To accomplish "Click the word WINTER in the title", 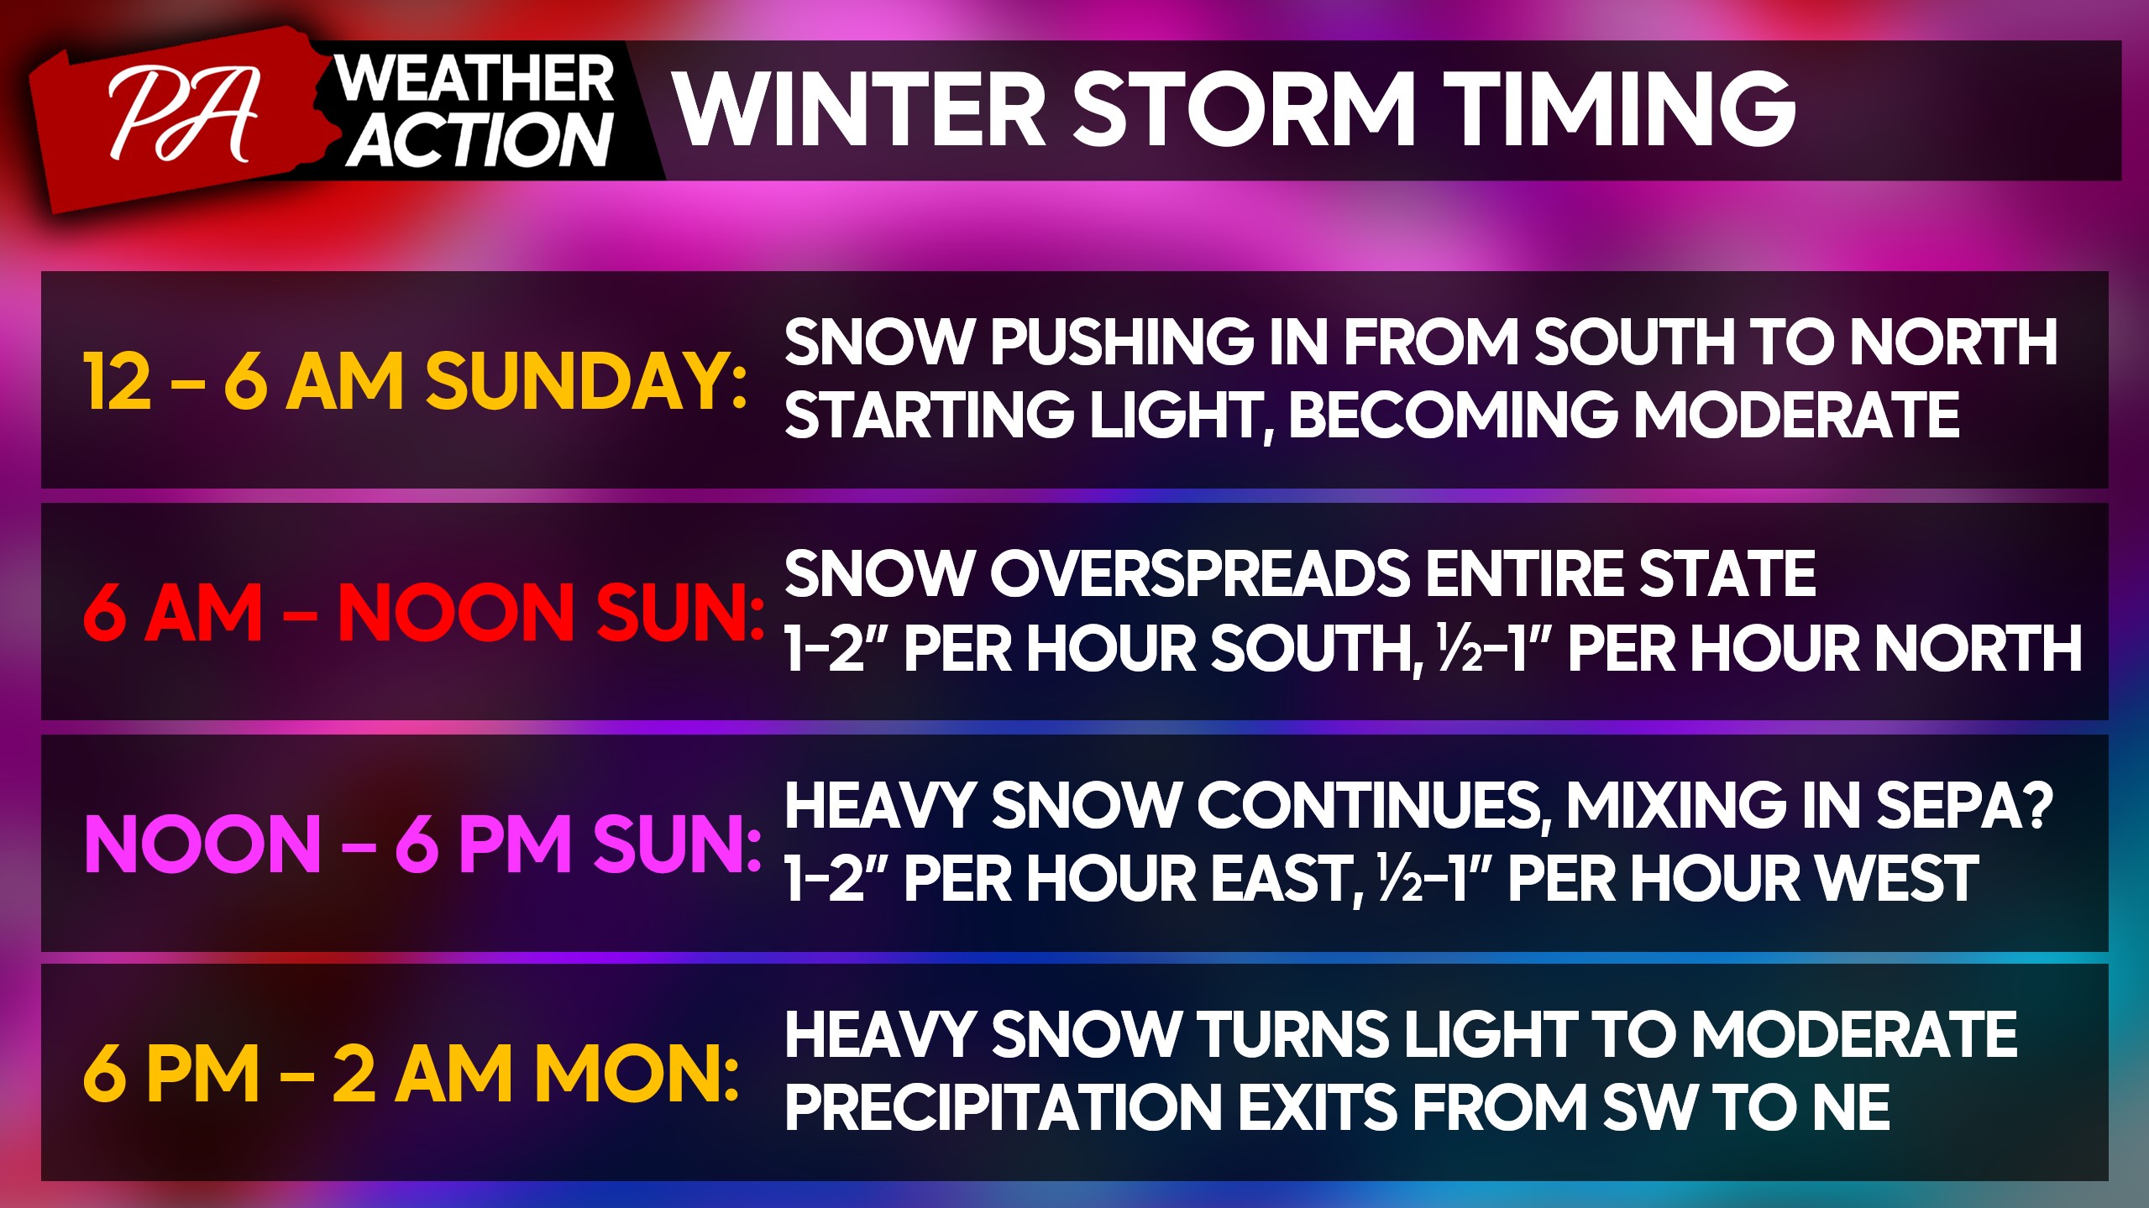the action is (860, 109).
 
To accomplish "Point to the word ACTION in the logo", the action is (480, 139).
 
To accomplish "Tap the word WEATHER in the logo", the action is (474, 80).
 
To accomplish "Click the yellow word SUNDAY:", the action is (585, 381).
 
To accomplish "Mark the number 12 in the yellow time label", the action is (118, 381).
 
